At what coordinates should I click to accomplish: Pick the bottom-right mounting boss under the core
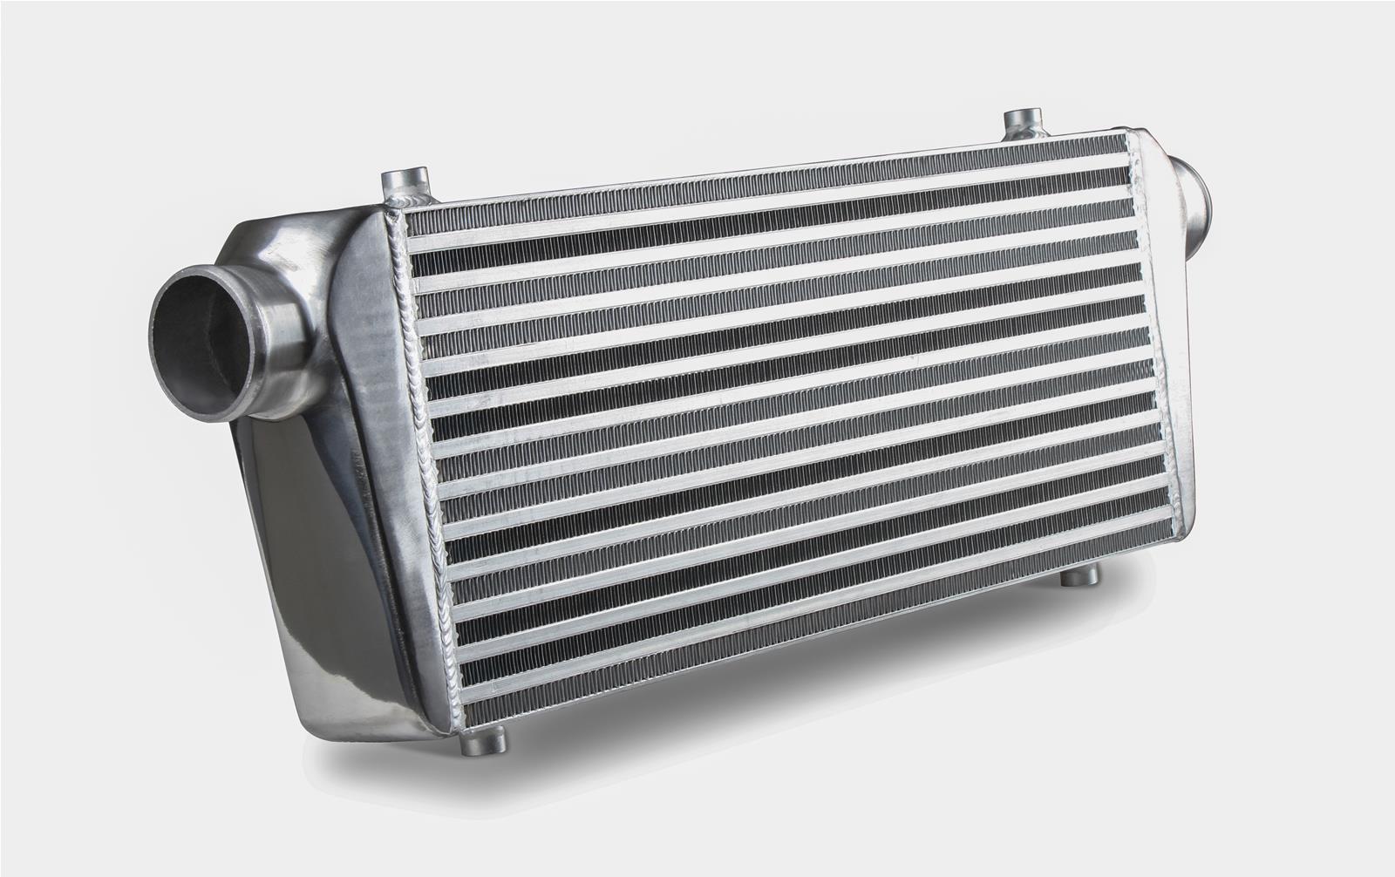click(1081, 575)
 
